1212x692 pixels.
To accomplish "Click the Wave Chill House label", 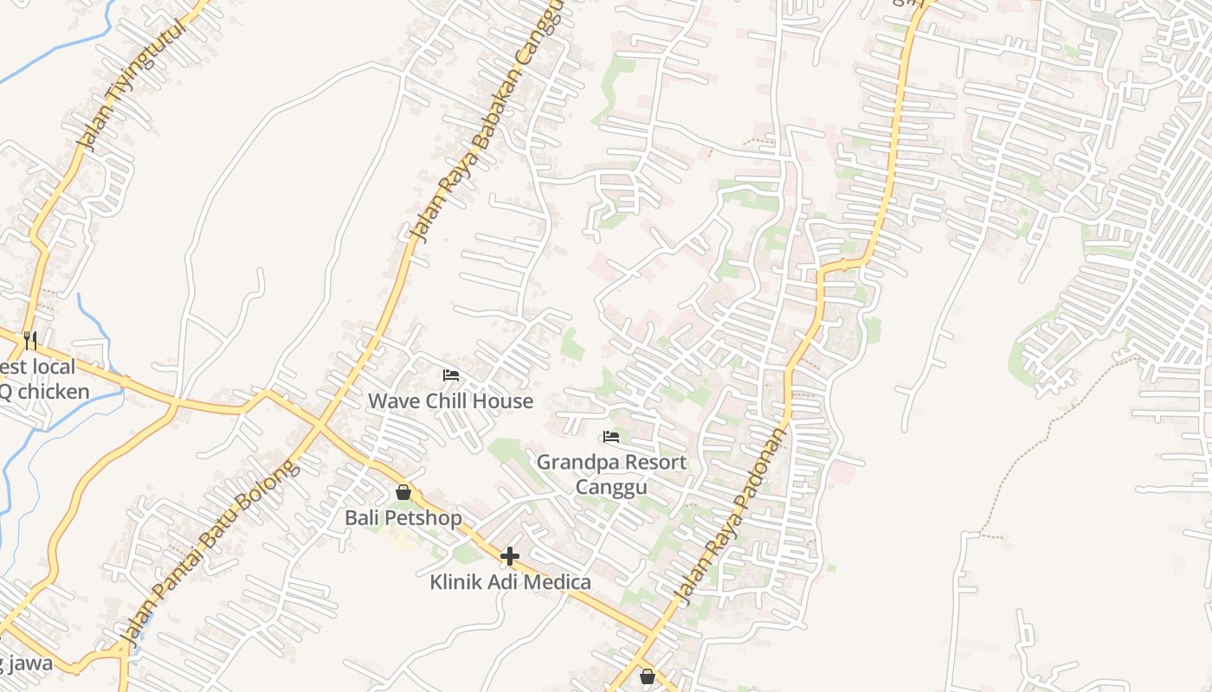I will point(450,401).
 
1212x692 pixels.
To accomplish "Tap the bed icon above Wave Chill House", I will point(451,375).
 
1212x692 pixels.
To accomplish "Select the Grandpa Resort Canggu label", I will point(611,474).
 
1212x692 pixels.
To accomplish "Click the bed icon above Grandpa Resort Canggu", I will point(611,437).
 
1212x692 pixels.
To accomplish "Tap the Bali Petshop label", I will point(403,518).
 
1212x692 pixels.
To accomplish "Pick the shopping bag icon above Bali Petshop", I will point(403,493).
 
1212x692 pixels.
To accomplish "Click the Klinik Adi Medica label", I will point(510,582).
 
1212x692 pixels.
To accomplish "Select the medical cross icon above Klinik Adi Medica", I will point(510,556).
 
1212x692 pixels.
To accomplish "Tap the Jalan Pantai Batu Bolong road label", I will point(210,554).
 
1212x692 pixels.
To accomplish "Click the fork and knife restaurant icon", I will point(30,340).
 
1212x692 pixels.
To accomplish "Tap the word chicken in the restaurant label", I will point(54,392).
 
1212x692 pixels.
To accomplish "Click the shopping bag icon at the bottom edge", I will point(648,676).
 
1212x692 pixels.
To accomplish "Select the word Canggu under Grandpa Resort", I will point(611,488).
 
